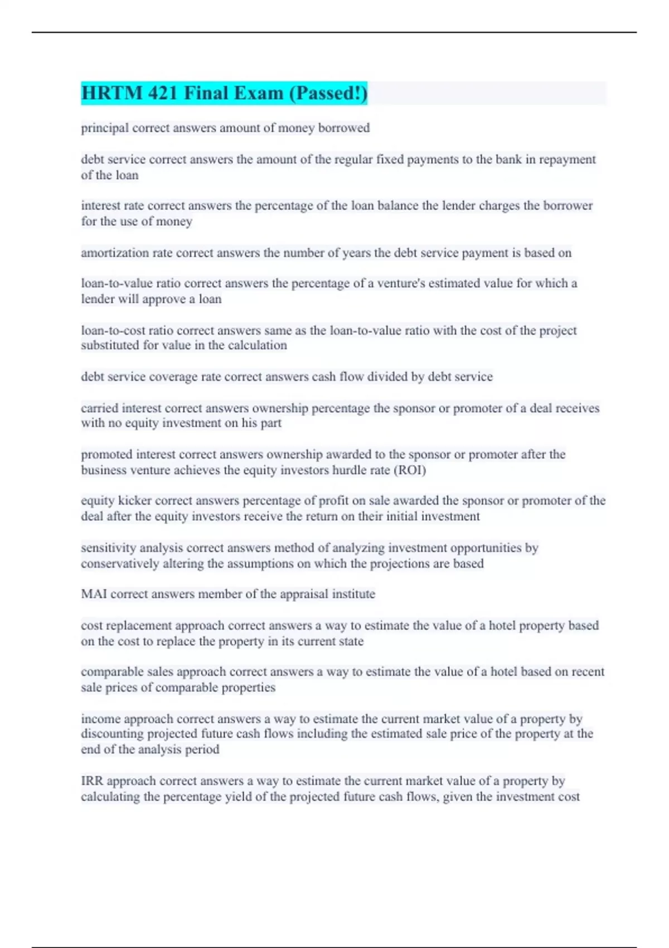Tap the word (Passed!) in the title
tap(328, 93)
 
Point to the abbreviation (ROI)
tap(410, 470)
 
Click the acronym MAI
tap(94, 594)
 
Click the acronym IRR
tap(92, 781)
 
